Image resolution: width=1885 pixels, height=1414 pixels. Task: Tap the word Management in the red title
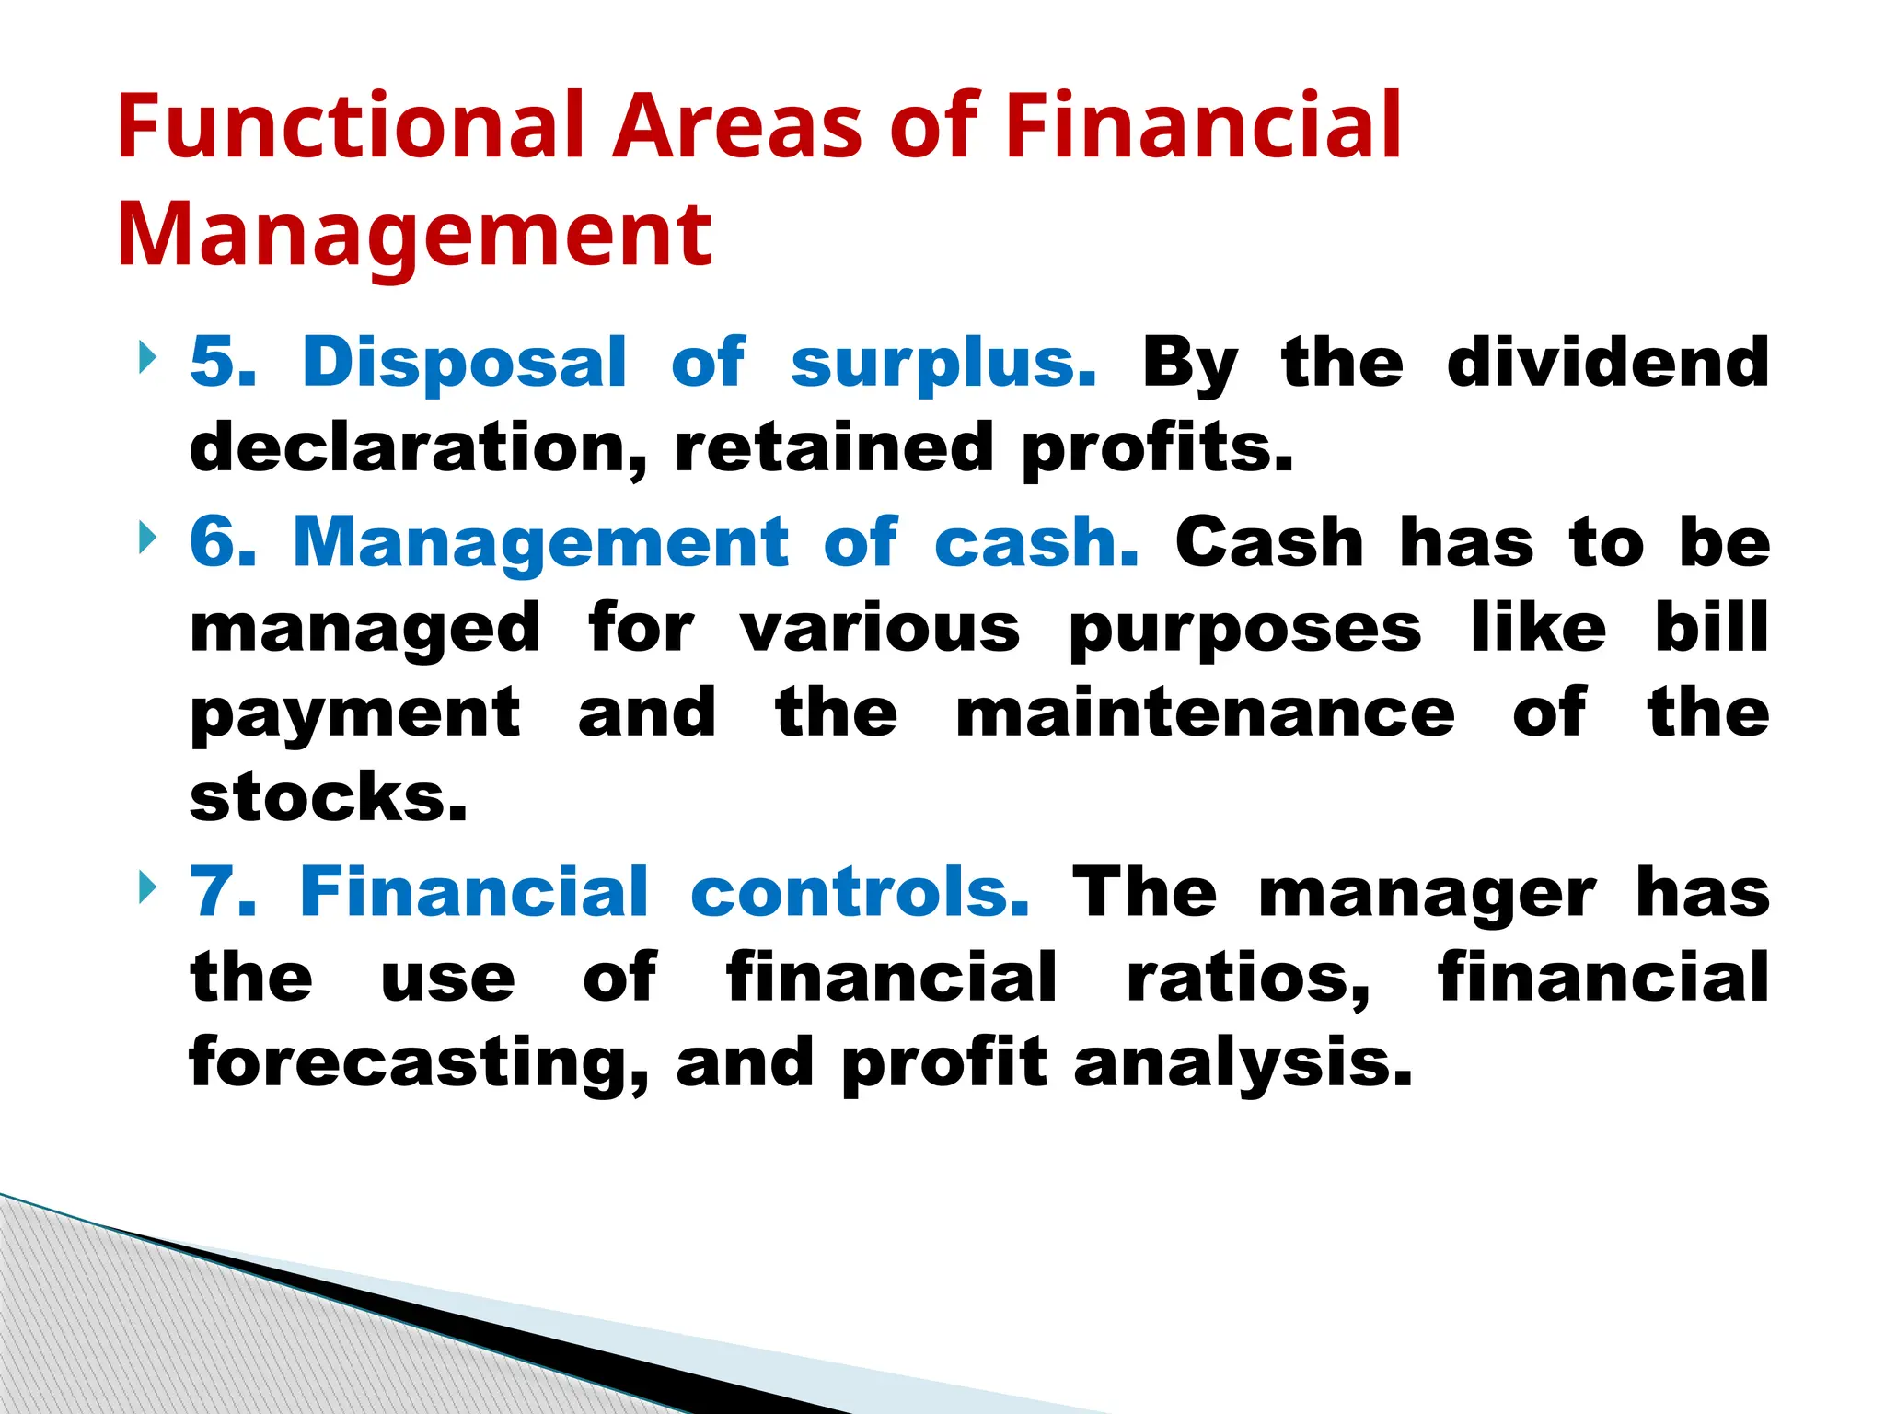[x=414, y=236]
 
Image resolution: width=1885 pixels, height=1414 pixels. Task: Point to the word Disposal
[x=464, y=362]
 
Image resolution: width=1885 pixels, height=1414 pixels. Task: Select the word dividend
[x=1607, y=362]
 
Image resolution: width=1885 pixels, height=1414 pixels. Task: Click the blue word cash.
[x=1036, y=542]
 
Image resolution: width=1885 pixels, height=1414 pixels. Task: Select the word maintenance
[x=1205, y=713]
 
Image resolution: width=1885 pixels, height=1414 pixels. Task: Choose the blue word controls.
[x=860, y=892]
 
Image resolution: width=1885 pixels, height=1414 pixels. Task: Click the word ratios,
[x=1248, y=978]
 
